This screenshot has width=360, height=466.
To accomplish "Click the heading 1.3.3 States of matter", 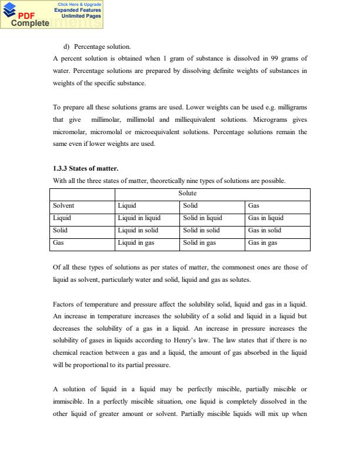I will [85, 169].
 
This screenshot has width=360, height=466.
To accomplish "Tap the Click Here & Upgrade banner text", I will [79, 4].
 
